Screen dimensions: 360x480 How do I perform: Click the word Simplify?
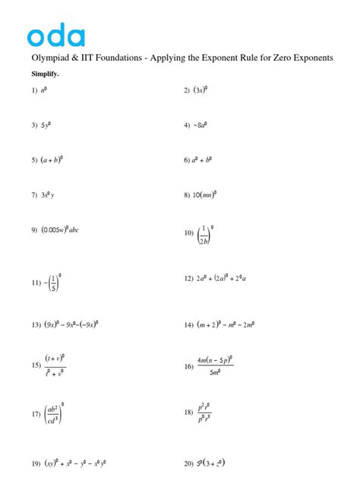tap(45, 74)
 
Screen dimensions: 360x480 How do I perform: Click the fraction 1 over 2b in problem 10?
tap(204, 233)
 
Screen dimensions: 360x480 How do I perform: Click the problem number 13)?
tap(36, 325)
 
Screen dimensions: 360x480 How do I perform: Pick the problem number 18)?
tap(188, 412)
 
